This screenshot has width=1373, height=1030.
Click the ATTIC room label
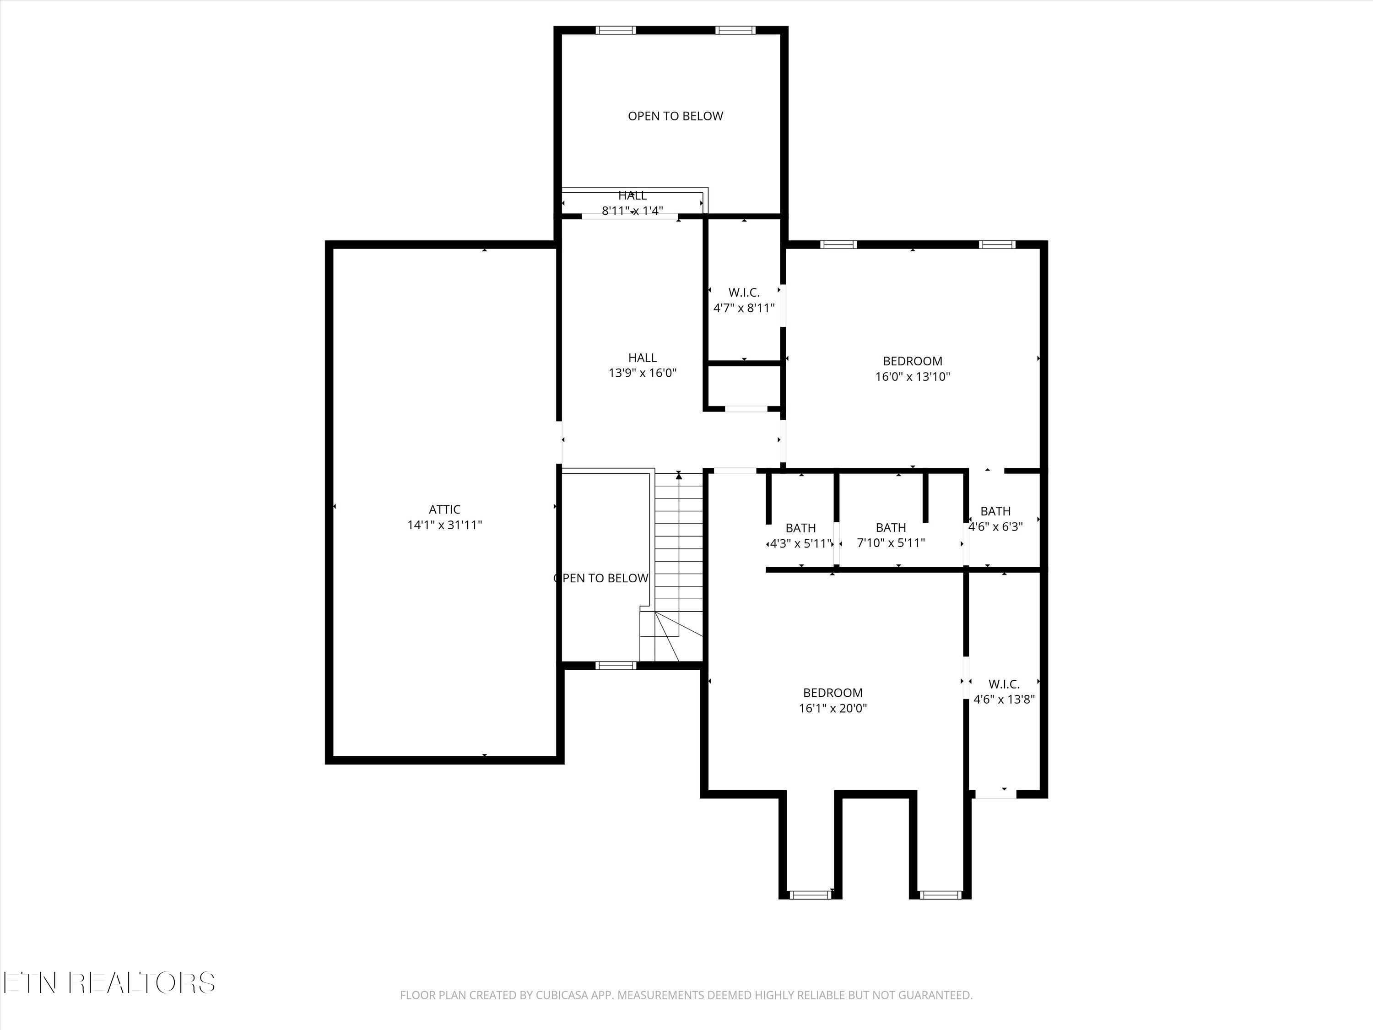click(x=444, y=510)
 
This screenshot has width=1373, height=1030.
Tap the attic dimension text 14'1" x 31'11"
click(x=444, y=525)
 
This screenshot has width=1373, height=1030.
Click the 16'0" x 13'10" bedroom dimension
click(x=913, y=376)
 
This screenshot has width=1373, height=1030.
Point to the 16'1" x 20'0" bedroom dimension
click(x=833, y=708)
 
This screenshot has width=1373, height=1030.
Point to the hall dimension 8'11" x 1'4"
click(x=632, y=211)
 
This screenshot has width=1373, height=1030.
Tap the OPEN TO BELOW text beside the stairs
click(x=601, y=579)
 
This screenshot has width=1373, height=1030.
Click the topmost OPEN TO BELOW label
click(x=676, y=116)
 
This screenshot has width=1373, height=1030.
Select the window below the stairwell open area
click(x=616, y=666)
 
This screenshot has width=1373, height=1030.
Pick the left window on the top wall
click(x=616, y=30)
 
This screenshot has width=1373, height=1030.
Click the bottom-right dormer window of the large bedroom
click(x=940, y=894)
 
